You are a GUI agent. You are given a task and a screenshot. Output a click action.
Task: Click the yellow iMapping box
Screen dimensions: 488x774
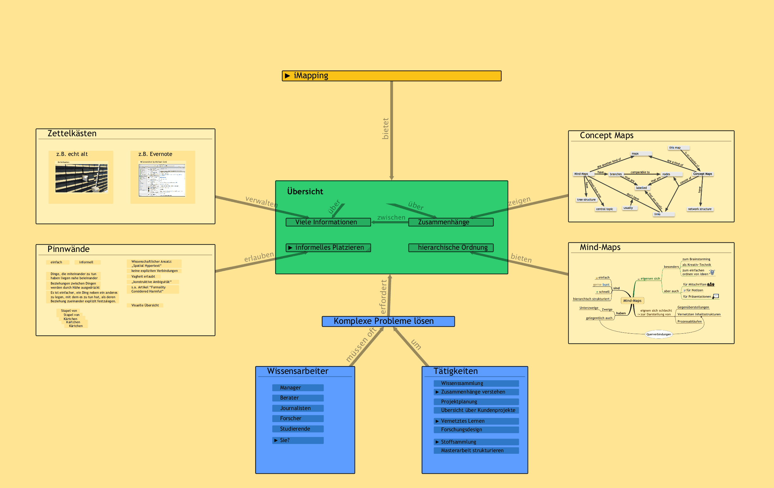pyautogui.click(x=391, y=76)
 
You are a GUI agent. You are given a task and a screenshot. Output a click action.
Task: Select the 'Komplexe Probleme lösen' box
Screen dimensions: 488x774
pyautogui.click(x=388, y=321)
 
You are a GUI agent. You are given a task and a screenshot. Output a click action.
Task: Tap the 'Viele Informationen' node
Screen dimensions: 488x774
pyautogui.click(x=328, y=222)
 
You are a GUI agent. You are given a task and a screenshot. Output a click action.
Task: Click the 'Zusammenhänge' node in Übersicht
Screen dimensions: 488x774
pyautogui.click(x=450, y=222)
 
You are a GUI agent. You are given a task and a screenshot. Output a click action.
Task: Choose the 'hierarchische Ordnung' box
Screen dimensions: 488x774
pyautogui.click(x=450, y=248)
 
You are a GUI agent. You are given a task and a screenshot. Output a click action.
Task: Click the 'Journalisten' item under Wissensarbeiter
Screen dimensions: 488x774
pyautogui.click(x=297, y=408)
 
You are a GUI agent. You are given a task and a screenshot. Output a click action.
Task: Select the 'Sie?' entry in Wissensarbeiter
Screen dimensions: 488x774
pyautogui.click(x=297, y=440)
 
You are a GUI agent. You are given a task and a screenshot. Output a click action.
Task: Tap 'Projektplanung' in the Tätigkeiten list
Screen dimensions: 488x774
pyautogui.click(x=476, y=402)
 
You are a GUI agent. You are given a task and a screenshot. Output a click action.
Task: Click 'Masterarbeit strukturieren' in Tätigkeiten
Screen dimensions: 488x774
pyautogui.click(x=476, y=451)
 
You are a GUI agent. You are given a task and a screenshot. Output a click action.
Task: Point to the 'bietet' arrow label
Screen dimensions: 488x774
pyautogui.click(x=385, y=129)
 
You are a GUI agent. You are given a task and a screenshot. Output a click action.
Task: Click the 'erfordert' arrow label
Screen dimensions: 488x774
pyautogui.click(x=383, y=297)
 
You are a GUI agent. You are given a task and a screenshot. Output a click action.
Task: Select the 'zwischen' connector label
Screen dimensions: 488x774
pyautogui.click(x=391, y=217)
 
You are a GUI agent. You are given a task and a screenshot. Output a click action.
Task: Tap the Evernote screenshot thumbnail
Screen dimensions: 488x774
pyautogui.click(x=162, y=180)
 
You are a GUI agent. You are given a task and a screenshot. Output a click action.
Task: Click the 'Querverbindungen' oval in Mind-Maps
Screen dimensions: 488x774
pyautogui.click(x=659, y=334)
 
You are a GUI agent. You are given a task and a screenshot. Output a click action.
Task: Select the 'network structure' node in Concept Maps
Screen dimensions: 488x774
pyautogui.click(x=700, y=209)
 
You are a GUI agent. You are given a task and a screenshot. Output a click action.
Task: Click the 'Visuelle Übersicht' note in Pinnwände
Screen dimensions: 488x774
pyautogui.click(x=145, y=305)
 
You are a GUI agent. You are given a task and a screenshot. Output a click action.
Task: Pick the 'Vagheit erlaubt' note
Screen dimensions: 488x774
pyautogui.click(x=143, y=277)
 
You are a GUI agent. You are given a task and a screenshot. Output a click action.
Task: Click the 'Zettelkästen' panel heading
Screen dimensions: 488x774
pyautogui.click(x=72, y=134)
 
